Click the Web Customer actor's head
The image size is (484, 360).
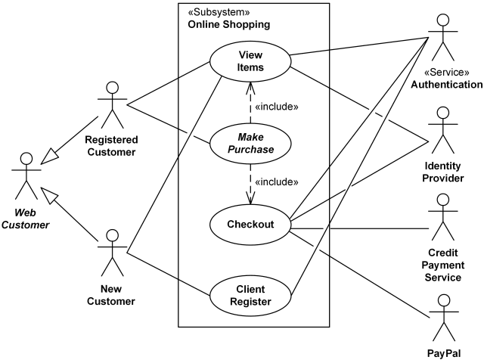(26, 159)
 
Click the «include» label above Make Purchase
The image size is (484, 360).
(277, 107)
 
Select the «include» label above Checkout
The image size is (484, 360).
(277, 182)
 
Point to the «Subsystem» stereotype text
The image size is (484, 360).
(219, 12)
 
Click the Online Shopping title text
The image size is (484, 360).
(229, 24)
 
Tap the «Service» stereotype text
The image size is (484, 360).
(447, 73)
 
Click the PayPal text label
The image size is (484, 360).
(444, 354)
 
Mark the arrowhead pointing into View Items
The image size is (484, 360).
(250, 88)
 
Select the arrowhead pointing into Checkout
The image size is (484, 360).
(250, 198)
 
